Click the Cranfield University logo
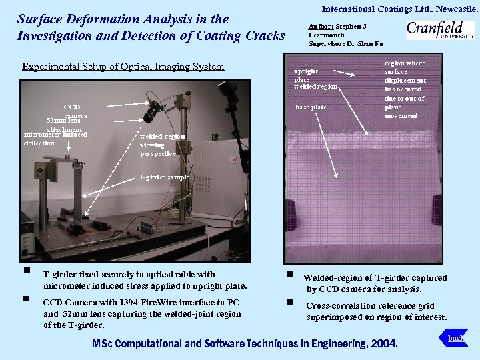(440, 31)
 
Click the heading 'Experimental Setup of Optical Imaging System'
(123, 67)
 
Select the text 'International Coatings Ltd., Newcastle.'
(400, 9)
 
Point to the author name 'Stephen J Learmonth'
(337, 30)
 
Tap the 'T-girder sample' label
(163, 177)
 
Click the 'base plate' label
(311, 107)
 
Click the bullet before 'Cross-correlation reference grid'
(290, 302)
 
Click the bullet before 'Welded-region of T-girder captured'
(290, 274)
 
